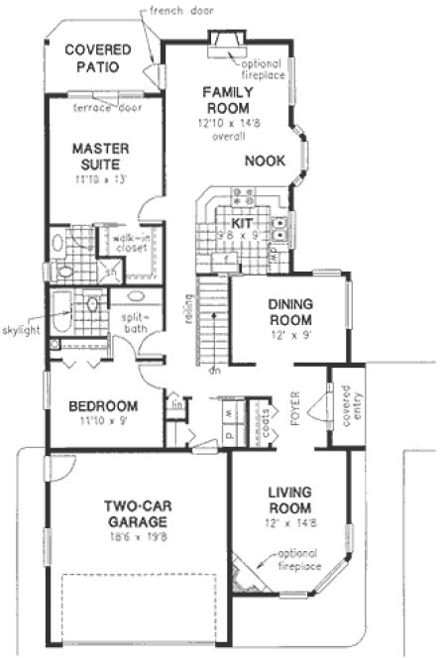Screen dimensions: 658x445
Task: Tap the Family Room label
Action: [x=226, y=99]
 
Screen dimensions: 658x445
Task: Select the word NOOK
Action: [x=265, y=161]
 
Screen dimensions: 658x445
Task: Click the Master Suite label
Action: [x=101, y=158]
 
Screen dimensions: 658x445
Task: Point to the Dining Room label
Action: [x=288, y=313]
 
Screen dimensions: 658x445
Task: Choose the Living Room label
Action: [x=289, y=500]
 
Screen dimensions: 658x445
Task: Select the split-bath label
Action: [x=136, y=324]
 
